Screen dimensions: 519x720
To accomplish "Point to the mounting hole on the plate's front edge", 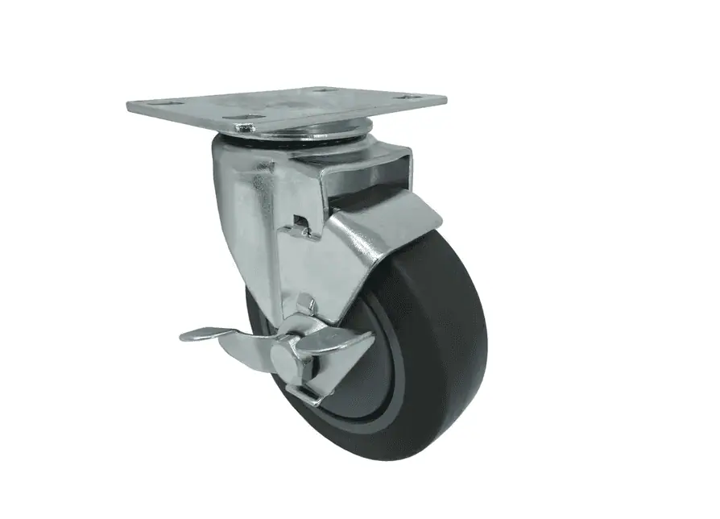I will [x=243, y=127].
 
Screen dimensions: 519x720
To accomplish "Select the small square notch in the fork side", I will [x=301, y=220].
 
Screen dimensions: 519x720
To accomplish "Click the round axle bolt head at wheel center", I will [x=299, y=351].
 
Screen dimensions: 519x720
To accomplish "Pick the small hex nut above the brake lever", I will [x=304, y=304].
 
